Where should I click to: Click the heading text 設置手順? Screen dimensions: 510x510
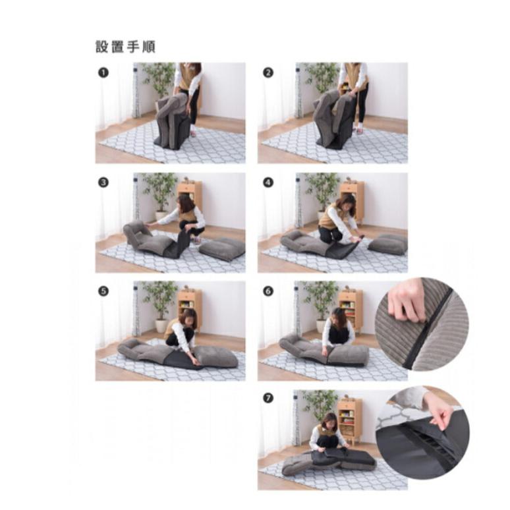pyautogui.click(x=125, y=47)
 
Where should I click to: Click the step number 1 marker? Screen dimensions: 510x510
pyautogui.click(x=103, y=72)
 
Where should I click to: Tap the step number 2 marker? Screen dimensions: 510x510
pyautogui.click(x=268, y=72)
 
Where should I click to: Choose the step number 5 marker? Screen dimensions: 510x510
pyautogui.click(x=103, y=291)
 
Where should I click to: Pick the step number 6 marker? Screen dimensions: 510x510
pyautogui.click(x=268, y=291)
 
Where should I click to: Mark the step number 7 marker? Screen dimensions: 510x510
pyautogui.click(x=268, y=399)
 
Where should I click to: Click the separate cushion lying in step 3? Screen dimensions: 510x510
pyautogui.click(x=222, y=248)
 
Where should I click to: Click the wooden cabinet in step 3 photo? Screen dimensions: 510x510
pyautogui.click(x=190, y=193)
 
